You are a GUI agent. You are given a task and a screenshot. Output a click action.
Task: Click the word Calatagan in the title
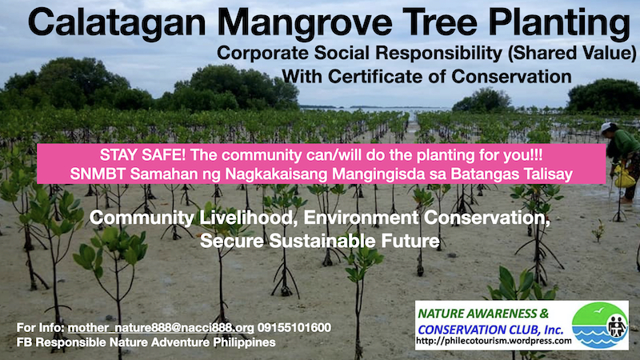click(x=117, y=22)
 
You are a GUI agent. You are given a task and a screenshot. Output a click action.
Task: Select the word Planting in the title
click(x=559, y=24)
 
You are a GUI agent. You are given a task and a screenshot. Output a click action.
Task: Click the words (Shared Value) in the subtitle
click(x=572, y=54)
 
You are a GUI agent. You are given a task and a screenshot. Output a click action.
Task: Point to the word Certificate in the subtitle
click(x=382, y=76)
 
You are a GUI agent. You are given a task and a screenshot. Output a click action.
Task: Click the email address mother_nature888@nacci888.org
click(x=161, y=328)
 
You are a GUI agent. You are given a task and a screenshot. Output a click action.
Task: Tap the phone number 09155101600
click(x=294, y=328)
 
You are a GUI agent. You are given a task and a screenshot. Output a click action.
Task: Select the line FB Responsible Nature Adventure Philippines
click(x=146, y=342)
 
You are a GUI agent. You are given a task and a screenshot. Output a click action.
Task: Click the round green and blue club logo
click(x=600, y=326)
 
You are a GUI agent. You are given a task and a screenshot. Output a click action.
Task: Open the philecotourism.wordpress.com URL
click(x=494, y=341)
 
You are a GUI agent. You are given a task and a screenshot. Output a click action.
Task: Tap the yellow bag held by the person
click(x=624, y=178)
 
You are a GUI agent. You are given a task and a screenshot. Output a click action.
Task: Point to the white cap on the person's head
click(x=606, y=127)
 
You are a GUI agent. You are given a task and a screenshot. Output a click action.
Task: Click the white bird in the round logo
click(x=598, y=311)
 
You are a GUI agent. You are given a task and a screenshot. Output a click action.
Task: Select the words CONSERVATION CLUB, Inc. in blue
click(x=490, y=330)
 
